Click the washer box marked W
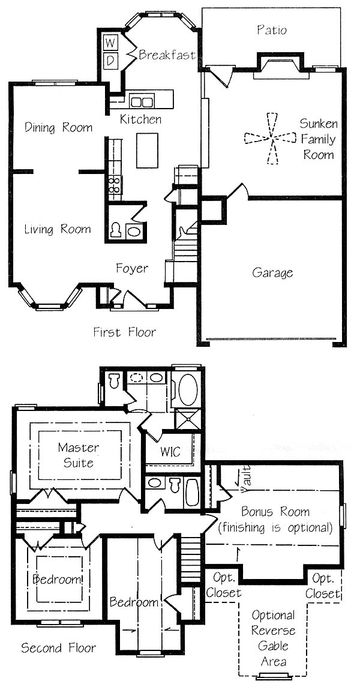[110, 43]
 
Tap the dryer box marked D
[110, 60]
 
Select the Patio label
[271, 30]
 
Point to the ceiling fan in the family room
[271, 138]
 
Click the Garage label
[273, 274]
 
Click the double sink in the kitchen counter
[142, 101]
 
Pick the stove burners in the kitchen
[115, 185]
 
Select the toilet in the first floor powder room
[116, 230]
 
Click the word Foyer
[132, 268]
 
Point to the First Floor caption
[124, 332]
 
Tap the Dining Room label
[58, 127]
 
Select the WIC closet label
[170, 451]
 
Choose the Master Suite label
[79, 455]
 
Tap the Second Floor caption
[58, 648]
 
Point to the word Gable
[274, 646]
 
